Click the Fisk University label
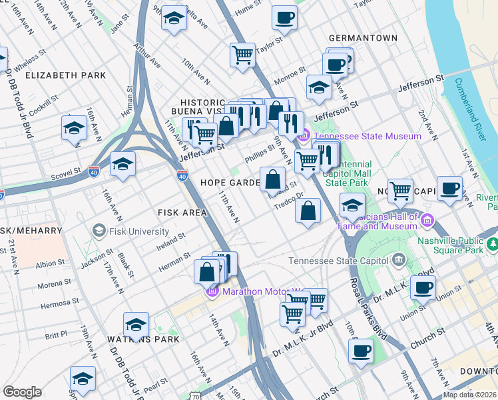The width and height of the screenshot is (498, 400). click(140, 231)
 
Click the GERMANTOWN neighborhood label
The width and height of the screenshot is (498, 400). click(362, 38)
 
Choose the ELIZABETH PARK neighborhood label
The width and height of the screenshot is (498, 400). click(65, 75)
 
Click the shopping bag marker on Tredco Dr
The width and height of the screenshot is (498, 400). click(307, 211)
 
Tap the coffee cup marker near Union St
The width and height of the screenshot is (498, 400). click(423, 288)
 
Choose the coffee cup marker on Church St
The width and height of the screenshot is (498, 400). click(361, 351)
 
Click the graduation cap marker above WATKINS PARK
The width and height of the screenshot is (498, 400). click(136, 325)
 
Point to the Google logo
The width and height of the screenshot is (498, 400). click(22, 392)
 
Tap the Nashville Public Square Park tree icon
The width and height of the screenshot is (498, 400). click(492, 245)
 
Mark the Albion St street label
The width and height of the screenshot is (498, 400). click(51, 264)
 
